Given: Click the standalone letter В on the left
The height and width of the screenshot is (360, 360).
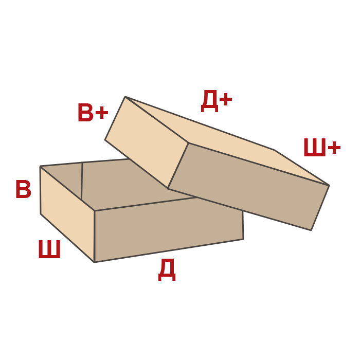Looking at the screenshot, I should (x=23, y=189).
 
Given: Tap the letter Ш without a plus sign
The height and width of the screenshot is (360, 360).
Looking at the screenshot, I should (x=49, y=249).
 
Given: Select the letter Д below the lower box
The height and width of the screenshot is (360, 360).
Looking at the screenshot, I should (x=166, y=271).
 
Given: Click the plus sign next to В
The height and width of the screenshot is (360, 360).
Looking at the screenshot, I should (x=100, y=112).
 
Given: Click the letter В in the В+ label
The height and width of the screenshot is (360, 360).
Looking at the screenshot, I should (x=85, y=112).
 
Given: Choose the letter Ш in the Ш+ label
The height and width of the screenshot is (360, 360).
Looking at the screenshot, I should (x=314, y=148).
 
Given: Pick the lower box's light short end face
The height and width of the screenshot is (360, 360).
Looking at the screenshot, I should (x=67, y=211).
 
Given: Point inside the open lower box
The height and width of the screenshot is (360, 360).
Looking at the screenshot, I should (x=129, y=180).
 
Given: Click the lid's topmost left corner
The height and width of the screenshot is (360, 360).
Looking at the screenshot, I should (x=125, y=96).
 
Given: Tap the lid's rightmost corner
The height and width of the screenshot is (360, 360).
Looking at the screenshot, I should (x=329, y=185).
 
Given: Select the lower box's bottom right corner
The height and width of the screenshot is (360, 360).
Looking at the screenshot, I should (x=243, y=239).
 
